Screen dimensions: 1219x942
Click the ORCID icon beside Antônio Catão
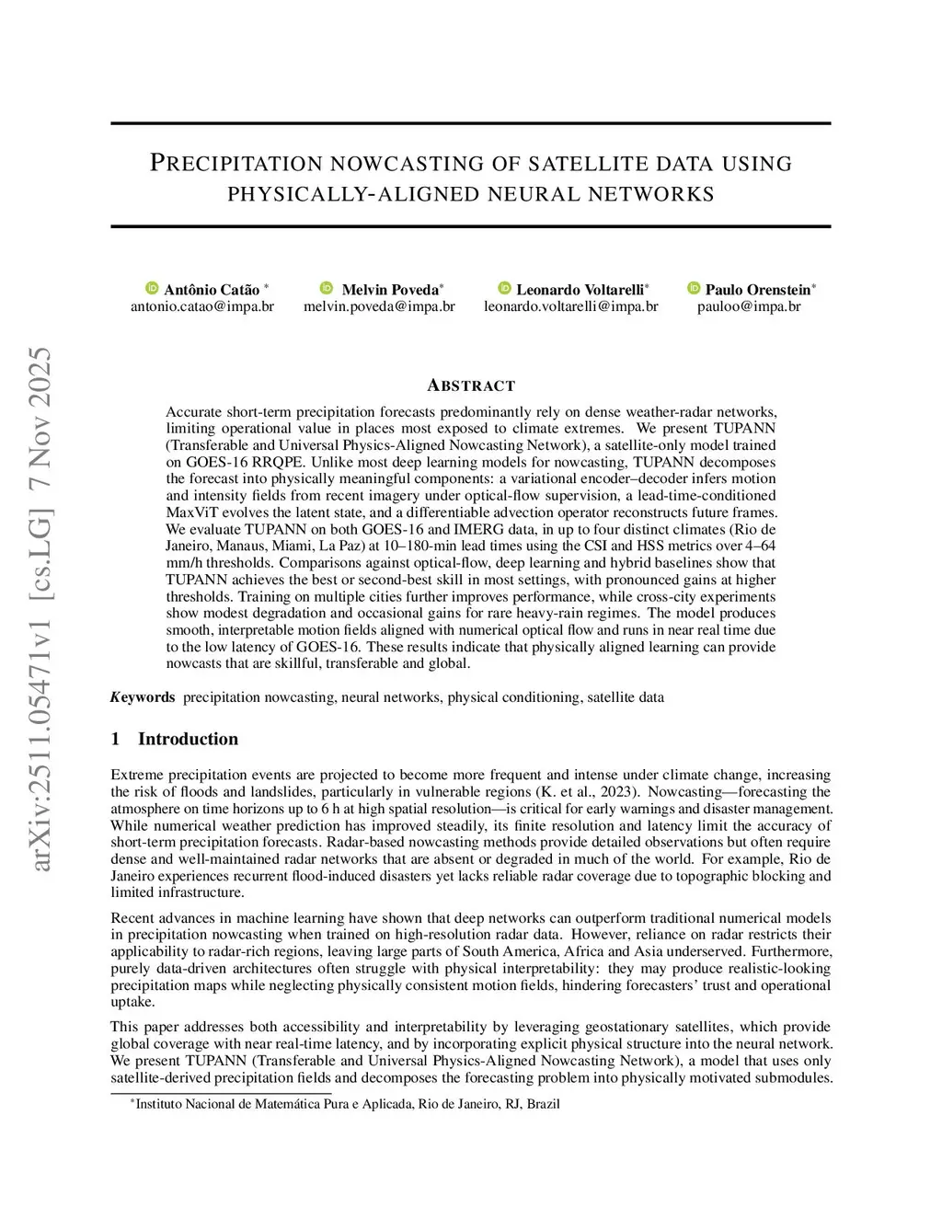click(x=152, y=289)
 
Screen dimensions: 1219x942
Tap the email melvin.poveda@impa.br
click(x=379, y=306)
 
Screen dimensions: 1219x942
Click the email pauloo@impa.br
click(x=748, y=306)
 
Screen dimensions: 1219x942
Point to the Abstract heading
click(x=470, y=385)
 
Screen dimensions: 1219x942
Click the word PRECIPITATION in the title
click(x=236, y=165)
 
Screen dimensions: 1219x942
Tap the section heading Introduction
click(x=188, y=739)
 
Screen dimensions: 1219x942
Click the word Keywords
click(x=143, y=697)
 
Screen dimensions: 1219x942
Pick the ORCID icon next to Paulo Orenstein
click(x=695, y=289)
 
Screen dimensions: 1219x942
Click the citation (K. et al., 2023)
click(x=589, y=792)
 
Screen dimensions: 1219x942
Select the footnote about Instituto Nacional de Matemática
click(x=347, y=1104)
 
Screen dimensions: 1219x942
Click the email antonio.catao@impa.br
click(x=202, y=306)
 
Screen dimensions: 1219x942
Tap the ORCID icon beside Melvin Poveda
click(x=327, y=289)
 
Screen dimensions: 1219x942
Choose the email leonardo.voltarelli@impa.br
click(x=570, y=306)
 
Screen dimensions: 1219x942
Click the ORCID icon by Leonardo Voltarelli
click(x=504, y=289)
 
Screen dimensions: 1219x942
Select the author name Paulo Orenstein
click(x=758, y=289)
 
